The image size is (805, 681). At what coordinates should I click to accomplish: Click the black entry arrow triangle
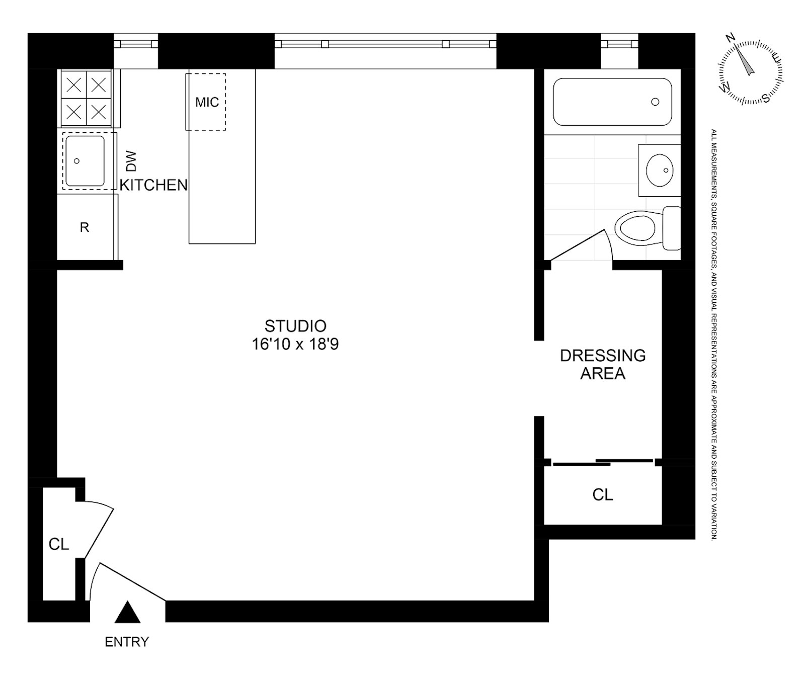[x=127, y=613]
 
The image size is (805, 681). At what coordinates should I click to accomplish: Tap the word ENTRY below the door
[x=127, y=642]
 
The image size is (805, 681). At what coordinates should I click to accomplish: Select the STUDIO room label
[x=295, y=326]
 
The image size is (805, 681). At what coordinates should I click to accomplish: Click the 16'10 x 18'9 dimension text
[x=295, y=345]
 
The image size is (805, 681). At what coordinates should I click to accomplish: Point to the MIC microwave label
[x=207, y=102]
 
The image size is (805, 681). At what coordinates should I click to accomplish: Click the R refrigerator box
[x=85, y=227]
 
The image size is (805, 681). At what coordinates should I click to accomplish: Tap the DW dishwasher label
[x=130, y=160]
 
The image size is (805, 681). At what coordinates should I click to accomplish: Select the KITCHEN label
[x=153, y=185]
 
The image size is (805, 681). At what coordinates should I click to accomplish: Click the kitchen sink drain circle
[x=76, y=161]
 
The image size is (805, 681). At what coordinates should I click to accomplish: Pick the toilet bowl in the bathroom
[x=637, y=228]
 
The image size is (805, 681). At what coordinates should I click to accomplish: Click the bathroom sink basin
[x=660, y=170]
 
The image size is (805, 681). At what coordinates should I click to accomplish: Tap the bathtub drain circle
[x=655, y=102]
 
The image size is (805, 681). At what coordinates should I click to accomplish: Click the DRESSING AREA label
[x=603, y=364]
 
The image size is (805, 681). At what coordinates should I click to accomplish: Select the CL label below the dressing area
[x=603, y=495]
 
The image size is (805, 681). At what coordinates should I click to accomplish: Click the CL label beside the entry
[x=58, y=544]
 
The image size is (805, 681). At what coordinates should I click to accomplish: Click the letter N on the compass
[x=731, y=38]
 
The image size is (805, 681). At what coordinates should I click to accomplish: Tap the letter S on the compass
[x=766, y=98]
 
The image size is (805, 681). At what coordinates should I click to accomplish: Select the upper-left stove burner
[x=74, y=85]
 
